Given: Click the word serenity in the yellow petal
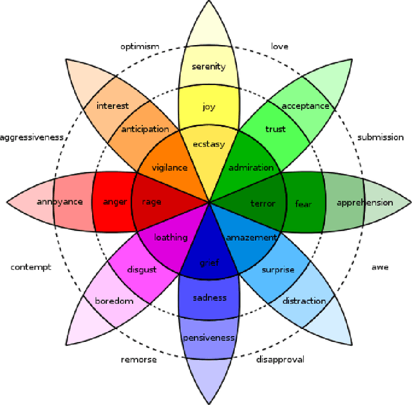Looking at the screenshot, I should [x=209, y=66].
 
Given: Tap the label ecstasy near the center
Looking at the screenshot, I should [x=209, y=144].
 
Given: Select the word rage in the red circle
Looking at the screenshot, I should [x=152, y=202].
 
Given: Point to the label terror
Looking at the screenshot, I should [x=263, y=203].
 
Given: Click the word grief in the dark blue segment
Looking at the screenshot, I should [x=209, y=263].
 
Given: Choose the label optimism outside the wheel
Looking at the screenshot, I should [x=140, y=46].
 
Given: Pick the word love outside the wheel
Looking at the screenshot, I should [x=279, y=46].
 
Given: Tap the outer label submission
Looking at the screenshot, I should [x=380, y=137].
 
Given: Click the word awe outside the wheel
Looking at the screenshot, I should [x=380, y=267].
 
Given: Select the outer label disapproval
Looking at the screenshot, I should [x=280, y=359].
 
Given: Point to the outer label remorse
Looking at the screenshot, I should [x=138, y=359].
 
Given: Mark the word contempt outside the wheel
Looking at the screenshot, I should [x=30, y=267].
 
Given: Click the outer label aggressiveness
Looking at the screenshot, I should [x=32, y=137].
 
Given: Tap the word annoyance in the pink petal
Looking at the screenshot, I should [x=59, y=202].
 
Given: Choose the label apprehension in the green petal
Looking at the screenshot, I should [x=364, y=203].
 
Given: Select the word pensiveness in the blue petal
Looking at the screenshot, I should [x=209, y=338].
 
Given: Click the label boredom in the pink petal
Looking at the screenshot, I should [x=114, y=301].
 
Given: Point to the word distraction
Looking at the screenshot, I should [x=304, y=301].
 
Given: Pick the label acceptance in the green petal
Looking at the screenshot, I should [x=305, y=106].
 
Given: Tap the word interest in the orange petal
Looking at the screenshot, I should [x=113, y=106].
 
